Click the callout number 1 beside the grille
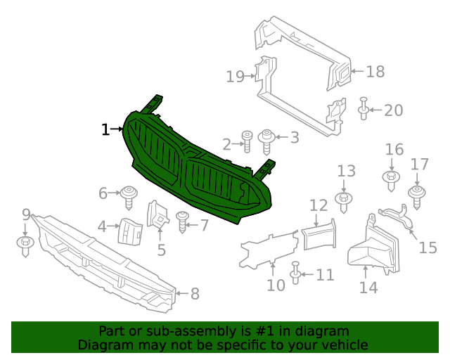tap(105, 129)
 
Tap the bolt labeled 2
tap(247, 140)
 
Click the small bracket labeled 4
tap(130, 230)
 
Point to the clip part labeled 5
tap(157, 214)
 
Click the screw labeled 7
tap(182, 221)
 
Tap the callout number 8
tap(195, 294)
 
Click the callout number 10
tap(276, 285)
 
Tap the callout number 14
tap(368, 287)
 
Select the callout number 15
tap(428, 247)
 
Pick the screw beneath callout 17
tap(418, 195)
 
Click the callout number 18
tap(375, 71)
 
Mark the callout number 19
tap(235, 77)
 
